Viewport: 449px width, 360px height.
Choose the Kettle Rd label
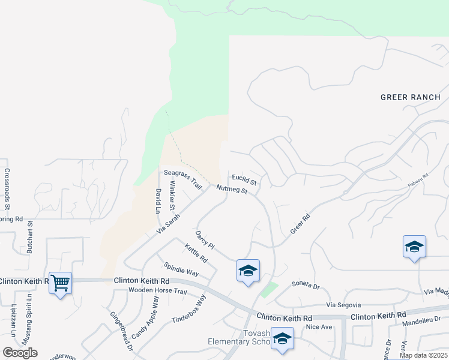(x=196, y=254)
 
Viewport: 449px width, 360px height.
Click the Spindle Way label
(x=181, y=269)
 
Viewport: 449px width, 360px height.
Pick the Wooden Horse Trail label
(x=158, y=291)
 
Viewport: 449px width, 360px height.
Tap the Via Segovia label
(x=343, y=305)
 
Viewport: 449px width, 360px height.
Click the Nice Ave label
(x=319, y=327)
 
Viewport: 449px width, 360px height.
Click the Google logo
(x=20, y=352)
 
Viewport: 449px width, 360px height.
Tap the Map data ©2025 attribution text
(x=423, y=355)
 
